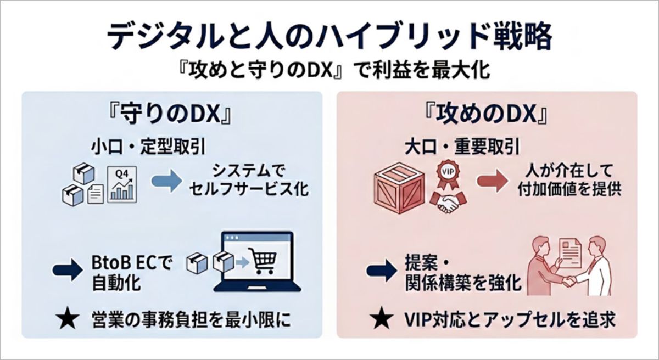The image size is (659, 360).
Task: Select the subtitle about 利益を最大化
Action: pos(329,71)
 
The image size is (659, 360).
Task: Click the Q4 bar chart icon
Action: pos(121,184)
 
